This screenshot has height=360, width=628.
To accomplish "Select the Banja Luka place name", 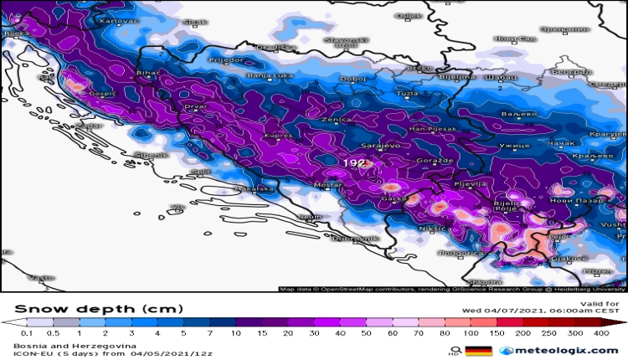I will tap(267, 76).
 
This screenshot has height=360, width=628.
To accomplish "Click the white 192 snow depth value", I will tap(353, 162).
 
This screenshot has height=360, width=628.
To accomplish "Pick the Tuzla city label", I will tap(407, 91).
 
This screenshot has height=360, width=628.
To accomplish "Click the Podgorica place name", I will tap(462, 252).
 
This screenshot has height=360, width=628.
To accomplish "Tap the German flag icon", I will tap(477, 351).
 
